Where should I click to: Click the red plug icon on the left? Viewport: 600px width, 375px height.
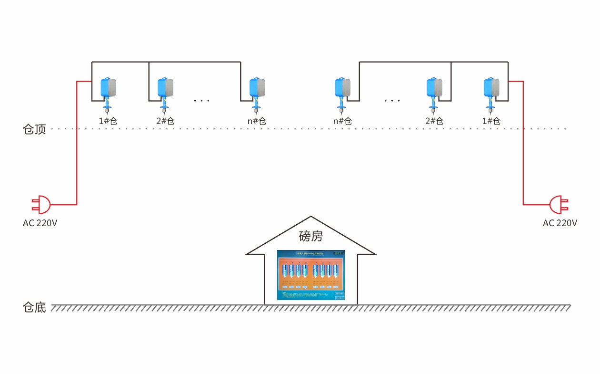pos(41,204)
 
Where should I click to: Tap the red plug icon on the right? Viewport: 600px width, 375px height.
pos(558,204)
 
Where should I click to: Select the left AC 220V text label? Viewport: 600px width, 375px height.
pos(40,223)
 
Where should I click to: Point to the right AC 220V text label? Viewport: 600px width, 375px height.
pos(560,223)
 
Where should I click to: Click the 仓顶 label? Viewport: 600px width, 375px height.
pos(34,129)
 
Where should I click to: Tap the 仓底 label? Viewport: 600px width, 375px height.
pos(34,307)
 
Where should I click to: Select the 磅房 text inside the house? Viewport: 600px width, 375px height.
pos(310,236)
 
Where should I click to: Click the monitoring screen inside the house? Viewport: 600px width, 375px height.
pos(311,275)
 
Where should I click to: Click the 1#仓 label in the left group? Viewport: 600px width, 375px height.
pos(108,121)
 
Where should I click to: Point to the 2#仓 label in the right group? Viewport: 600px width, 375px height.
pos(434,121)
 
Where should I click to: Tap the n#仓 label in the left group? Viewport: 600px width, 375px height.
pos(257,121)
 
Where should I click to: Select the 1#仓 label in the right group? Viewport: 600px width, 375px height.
pos(491,121)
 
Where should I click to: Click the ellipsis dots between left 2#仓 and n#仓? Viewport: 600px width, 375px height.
pos(202,101)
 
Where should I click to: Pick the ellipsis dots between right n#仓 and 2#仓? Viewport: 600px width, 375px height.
pos(392,101)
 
